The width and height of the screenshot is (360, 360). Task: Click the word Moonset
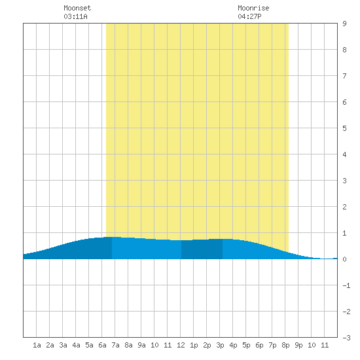point(77,8)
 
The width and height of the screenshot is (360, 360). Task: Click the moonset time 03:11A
point(75,16)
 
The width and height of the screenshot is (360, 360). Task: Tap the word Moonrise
point(253,8)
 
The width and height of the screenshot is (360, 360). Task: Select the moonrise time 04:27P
point(249,16)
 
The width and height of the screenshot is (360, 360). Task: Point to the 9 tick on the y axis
point(344,24)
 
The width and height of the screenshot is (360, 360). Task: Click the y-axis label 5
point(344,128)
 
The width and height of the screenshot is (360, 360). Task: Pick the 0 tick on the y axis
point(344,259)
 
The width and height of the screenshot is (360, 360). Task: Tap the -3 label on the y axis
point(346,338)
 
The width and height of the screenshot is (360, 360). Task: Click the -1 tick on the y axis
point(346,285)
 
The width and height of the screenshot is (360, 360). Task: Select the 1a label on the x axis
point(37,345)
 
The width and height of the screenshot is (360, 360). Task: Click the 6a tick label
point(102,345)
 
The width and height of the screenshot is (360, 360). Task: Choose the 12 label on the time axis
point(181,345)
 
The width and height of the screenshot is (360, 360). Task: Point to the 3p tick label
point(220,345)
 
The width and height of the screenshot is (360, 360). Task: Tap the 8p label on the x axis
point(285,345)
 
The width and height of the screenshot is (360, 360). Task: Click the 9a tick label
point(141,345)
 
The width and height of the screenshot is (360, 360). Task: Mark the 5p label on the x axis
point(246,345)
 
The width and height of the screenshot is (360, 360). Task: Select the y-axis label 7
point(344,76)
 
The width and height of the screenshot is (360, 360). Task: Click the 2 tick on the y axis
point(344,207)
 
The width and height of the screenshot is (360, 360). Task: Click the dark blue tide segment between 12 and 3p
point(202,249)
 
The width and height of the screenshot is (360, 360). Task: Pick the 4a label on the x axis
point(76,345)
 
